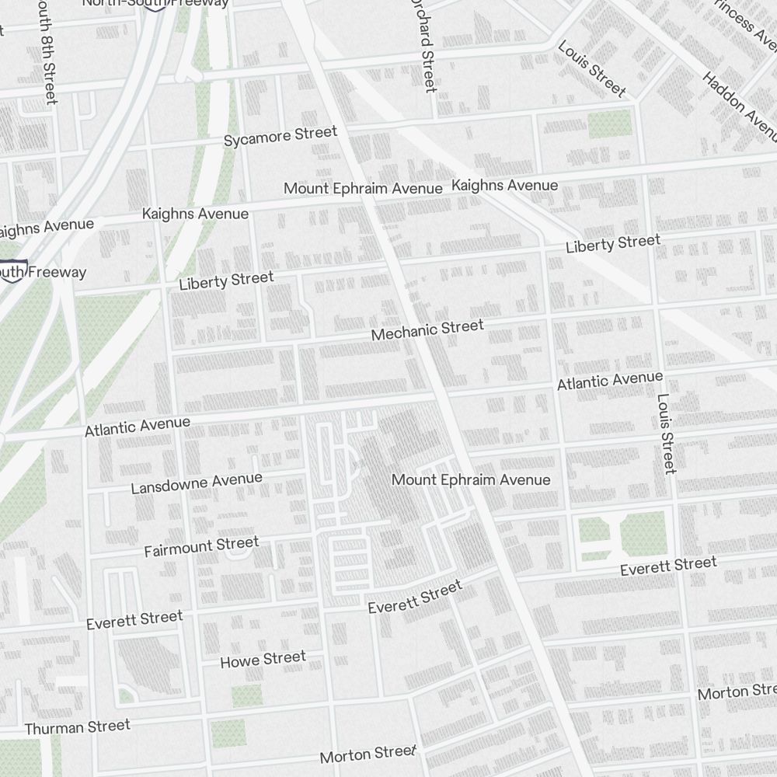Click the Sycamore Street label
280,136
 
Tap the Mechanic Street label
427,330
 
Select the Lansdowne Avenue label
197,483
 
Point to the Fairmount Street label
201,546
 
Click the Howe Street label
263,660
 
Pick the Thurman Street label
78,727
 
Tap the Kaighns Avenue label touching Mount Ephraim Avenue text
505,186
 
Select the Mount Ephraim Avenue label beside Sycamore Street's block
363,188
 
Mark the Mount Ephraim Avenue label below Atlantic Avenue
471,480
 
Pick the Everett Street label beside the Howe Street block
134,620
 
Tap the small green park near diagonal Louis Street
609,124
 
